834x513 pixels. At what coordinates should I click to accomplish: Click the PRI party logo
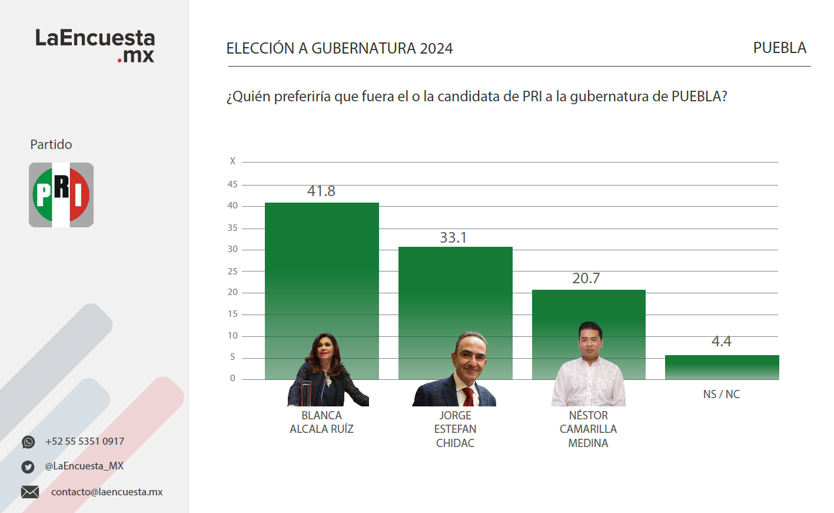pos(61,195)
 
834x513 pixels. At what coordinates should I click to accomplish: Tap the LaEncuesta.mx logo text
pos(95,45)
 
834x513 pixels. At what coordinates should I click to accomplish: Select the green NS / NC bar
pos(722,368)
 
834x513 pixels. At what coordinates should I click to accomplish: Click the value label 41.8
pos(321,191)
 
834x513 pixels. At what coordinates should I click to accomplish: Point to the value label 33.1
pos(453,237)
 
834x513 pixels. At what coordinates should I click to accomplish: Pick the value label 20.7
pos(586,278)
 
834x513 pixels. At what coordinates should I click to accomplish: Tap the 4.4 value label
pos(722,342)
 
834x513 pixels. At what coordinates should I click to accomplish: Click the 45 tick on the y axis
pos(232,184)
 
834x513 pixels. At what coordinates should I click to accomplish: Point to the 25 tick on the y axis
pos(232,271)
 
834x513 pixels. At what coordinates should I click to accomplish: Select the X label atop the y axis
pos(232,161)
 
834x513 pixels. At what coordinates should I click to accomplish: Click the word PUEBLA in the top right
pos(779,48)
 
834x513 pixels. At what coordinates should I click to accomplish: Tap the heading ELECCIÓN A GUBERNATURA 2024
pos(340,48)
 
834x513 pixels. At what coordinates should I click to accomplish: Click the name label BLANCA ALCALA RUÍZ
pos(321,422)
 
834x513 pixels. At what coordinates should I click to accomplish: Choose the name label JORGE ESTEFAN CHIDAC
pos(455,429)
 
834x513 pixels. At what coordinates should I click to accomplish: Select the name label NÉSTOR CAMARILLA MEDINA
pos(588,429)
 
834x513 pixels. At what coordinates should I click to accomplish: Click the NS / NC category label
pos(721,394)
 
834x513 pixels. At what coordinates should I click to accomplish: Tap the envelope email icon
pos(30,492)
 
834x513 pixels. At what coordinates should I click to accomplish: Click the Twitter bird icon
pos(28,466)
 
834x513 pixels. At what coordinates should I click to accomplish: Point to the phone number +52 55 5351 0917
pos(85,441)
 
